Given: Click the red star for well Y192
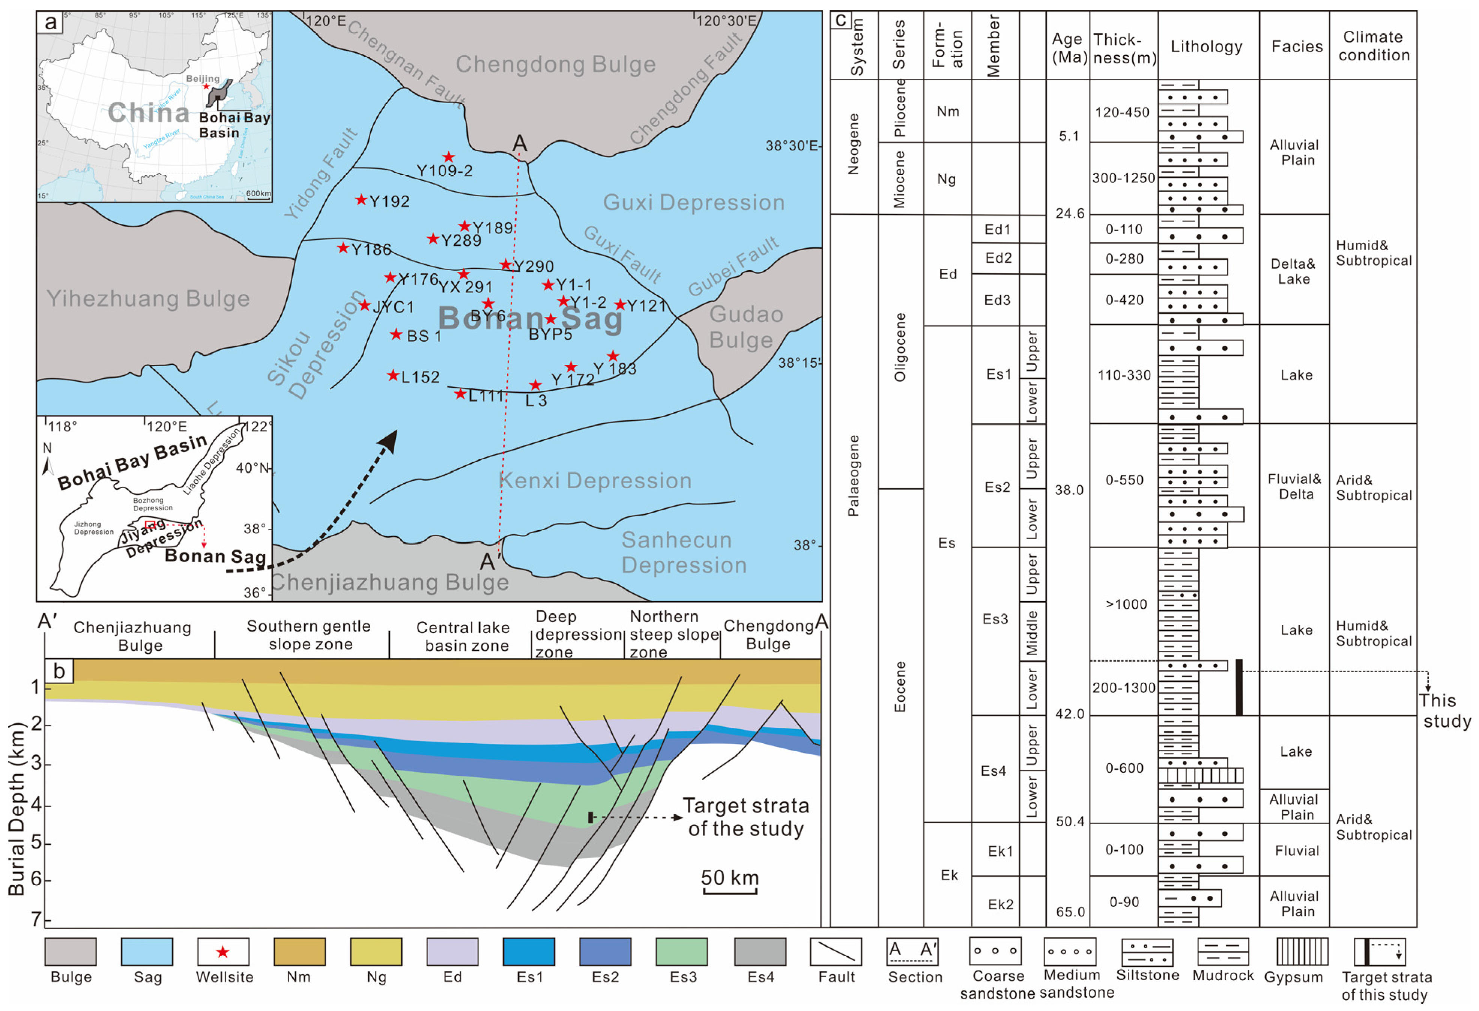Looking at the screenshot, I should point(361,200).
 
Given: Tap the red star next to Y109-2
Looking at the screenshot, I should point(449,157).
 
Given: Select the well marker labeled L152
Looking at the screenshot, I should point(393,376).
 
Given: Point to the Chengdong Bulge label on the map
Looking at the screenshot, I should point(556,64).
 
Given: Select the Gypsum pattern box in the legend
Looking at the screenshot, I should point(1302,951).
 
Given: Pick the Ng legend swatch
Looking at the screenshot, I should point(376,951).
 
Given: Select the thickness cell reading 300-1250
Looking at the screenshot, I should point(1123,178).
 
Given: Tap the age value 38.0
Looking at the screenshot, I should point(1069,490).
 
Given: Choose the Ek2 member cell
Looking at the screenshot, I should point(1000,904).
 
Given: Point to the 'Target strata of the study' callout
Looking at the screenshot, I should point(746,817).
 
